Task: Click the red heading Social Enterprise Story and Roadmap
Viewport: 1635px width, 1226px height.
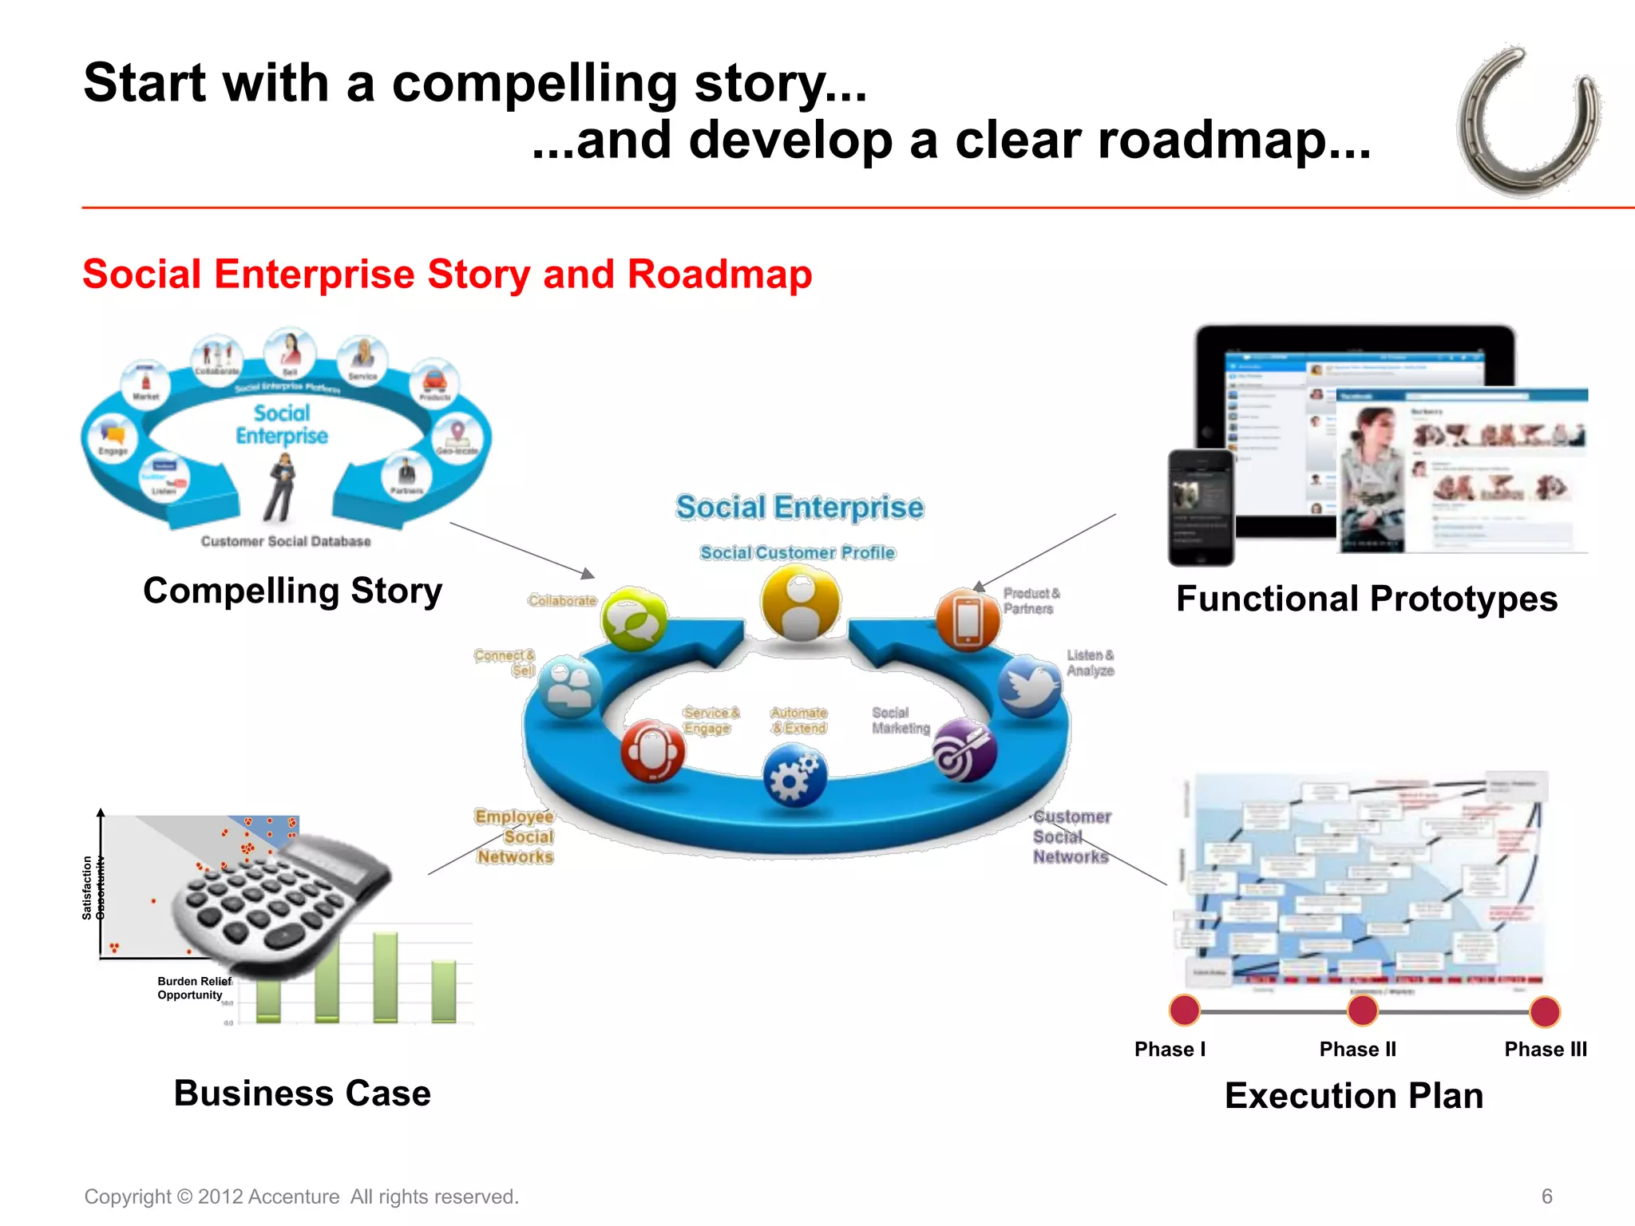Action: point(447,275)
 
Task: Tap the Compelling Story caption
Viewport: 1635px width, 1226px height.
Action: point(292,591)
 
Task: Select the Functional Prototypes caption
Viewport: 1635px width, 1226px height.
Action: point(1366,599)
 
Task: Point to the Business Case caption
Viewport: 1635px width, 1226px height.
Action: point(302,1094)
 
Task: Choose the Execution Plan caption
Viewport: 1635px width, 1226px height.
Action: point(1354,1096)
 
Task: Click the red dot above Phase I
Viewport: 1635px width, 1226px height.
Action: point(1184,1010)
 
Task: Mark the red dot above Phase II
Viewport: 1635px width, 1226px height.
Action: point(1362,1010)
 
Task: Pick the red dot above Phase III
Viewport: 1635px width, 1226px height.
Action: point(1545,1011)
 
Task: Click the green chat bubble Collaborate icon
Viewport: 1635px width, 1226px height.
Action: point(634,619)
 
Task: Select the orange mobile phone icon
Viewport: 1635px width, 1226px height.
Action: point(967,620)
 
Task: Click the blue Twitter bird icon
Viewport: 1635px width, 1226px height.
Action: point(1029,686)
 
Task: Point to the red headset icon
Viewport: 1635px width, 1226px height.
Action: point(653,751)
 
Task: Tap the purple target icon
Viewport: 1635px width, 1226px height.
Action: point(964,751)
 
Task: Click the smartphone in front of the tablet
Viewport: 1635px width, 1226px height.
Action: point(1201,508)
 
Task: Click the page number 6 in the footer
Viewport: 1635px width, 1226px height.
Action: point(1546,1196)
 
